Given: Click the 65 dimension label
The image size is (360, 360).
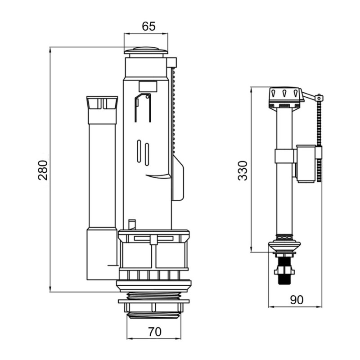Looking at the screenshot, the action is pos(148,26).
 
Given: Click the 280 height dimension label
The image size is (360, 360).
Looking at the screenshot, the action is pos(43,170).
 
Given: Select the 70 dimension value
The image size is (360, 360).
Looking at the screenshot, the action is pos(155,332).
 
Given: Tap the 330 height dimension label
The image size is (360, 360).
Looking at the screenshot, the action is pos(243,171).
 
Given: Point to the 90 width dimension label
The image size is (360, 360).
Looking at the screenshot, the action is pos(297,300).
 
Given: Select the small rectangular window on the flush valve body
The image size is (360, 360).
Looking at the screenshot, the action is pos(148,86).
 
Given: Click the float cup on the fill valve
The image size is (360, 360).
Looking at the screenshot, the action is pos(306,164).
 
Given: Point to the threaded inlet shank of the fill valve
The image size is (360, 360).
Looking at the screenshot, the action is pos(284,269).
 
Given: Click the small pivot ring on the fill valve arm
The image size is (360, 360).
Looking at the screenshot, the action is pos(319,98).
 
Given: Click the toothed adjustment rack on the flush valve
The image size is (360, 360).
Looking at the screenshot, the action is pos(174,111).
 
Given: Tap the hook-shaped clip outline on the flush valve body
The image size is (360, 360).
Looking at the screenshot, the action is pos(143,108).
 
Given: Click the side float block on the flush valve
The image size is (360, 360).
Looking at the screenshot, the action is pos(178,178).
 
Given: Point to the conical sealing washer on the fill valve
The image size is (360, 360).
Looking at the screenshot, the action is pos(284,246).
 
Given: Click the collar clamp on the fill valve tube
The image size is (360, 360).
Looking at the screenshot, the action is pos(284,156).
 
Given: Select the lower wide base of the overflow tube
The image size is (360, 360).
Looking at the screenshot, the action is pos(102,254).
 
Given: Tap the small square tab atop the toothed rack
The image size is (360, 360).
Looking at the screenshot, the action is pos(172,63).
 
